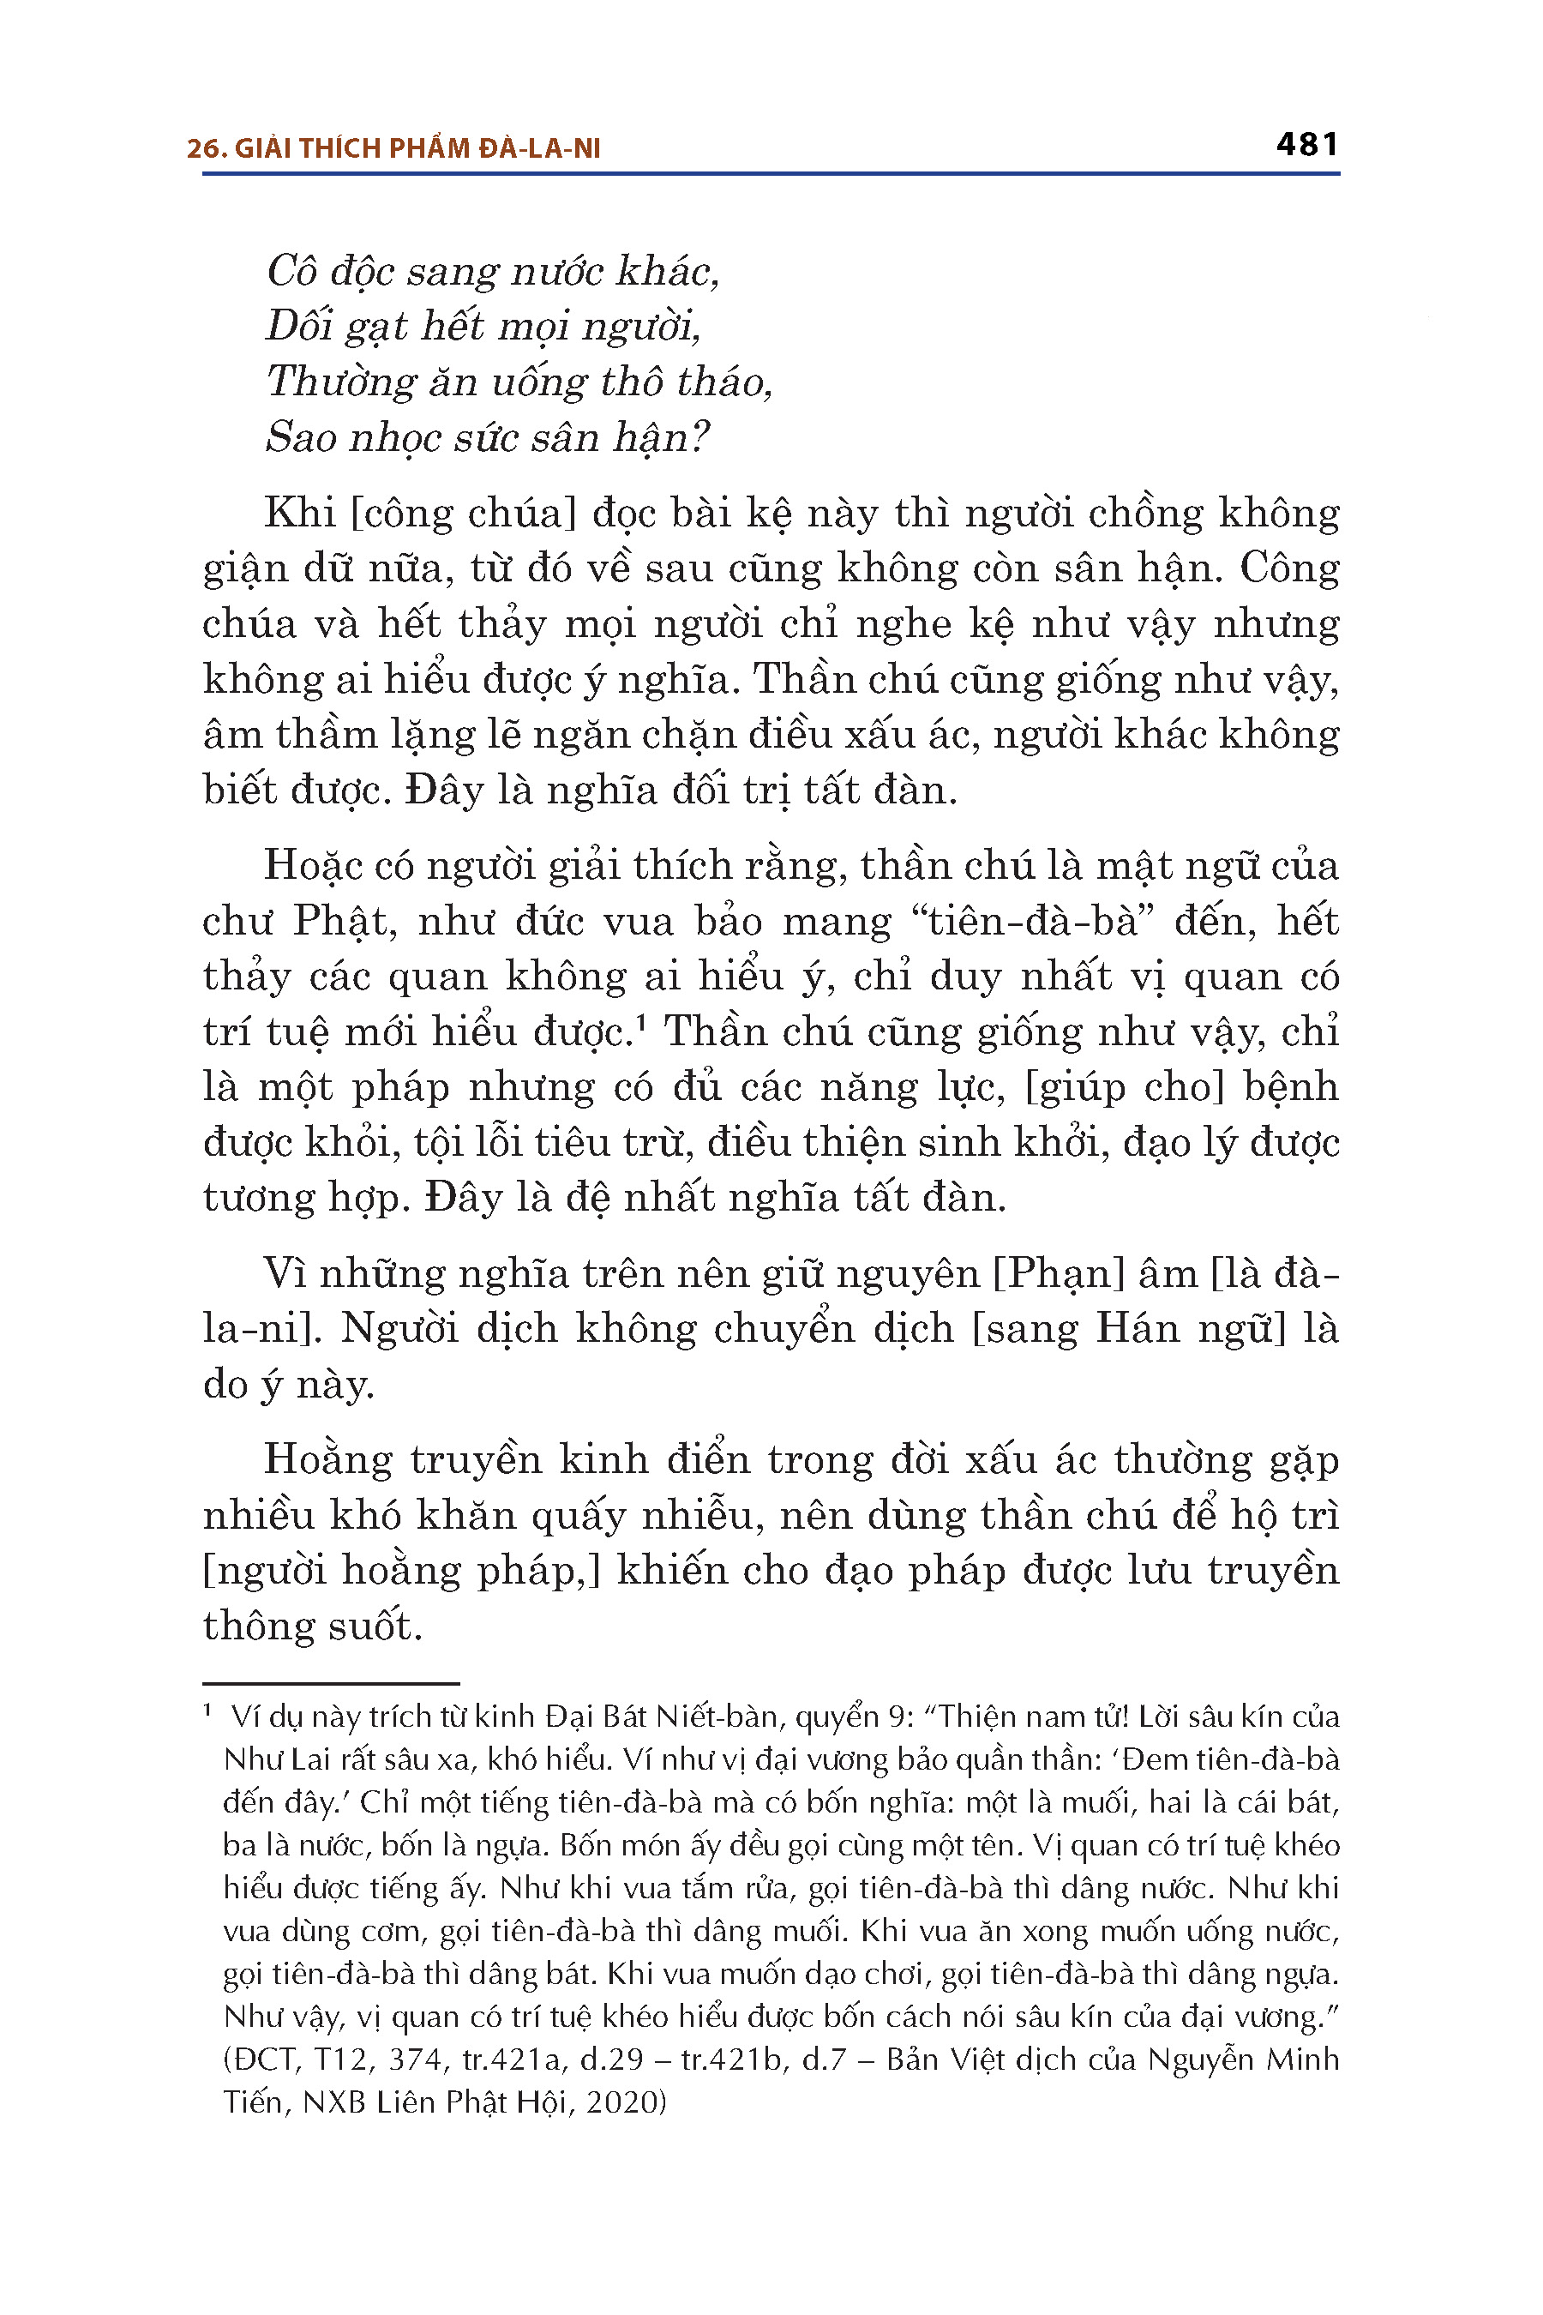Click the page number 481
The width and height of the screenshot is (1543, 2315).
[x=1306, y=145]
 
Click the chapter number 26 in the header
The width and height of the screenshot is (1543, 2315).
[x=201, y=148]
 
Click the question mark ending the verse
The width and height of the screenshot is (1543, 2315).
[x=699, y=436]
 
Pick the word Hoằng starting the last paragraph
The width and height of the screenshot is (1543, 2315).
[x=327, y=1458]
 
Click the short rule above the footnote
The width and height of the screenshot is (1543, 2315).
[x=331, y=1684]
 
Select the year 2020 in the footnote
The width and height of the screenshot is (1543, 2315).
[x=621, y=2102]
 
